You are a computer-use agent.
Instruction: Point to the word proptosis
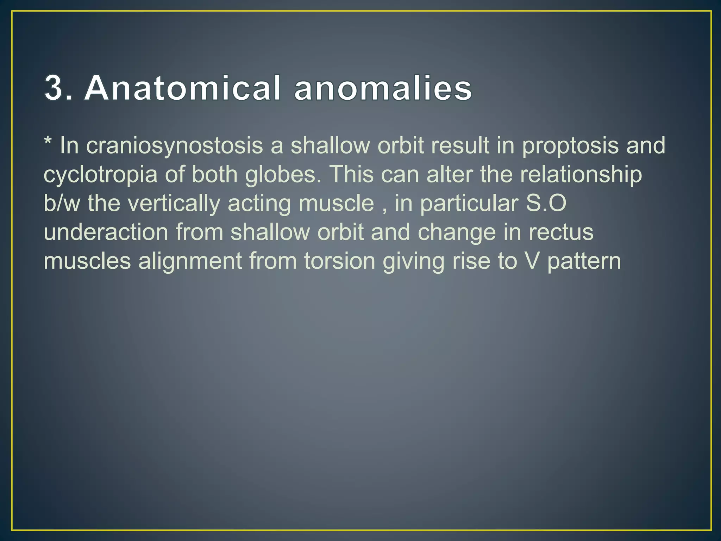point(570,146)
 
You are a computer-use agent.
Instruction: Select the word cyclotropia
point(100,175)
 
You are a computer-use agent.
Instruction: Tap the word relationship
point(581,175)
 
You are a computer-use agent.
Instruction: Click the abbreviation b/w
point(62,204)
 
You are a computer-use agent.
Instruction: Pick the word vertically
point(174,204)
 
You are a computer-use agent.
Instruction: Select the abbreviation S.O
point(546,204)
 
